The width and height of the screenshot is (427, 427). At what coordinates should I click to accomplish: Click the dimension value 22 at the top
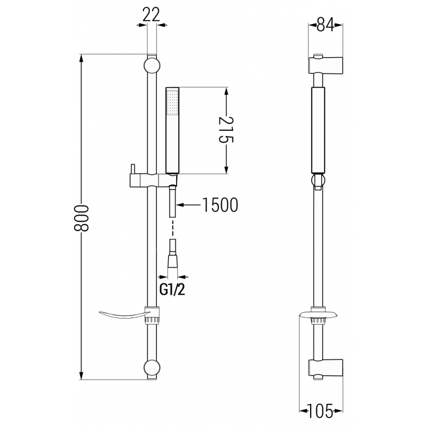point(152,15)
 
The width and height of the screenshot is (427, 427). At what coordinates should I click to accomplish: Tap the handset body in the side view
point(318,130)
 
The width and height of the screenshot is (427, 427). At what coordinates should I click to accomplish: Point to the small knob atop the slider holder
point(131,168)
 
